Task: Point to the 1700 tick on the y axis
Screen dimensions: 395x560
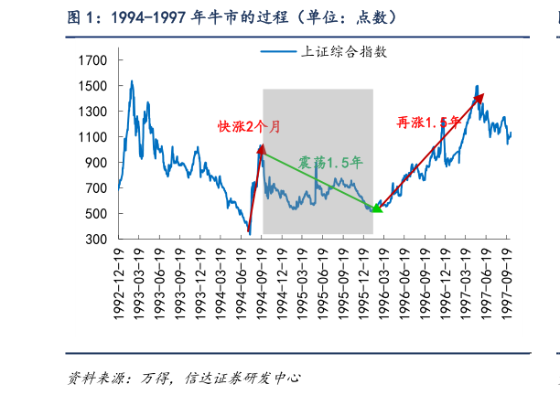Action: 94,60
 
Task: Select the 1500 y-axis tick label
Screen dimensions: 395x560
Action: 94,86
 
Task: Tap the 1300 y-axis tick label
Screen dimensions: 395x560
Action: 94,112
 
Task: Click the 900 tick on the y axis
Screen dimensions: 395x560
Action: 98,163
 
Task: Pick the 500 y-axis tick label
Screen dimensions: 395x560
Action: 98,214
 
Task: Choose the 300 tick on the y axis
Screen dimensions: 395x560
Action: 98,240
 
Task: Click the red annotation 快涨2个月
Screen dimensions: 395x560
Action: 249,126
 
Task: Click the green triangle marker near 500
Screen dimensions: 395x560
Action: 376,208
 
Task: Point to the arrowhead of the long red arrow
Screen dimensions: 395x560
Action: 481,95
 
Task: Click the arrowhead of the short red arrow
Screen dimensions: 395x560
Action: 262,146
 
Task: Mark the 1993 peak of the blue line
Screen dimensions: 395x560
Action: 132,81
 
